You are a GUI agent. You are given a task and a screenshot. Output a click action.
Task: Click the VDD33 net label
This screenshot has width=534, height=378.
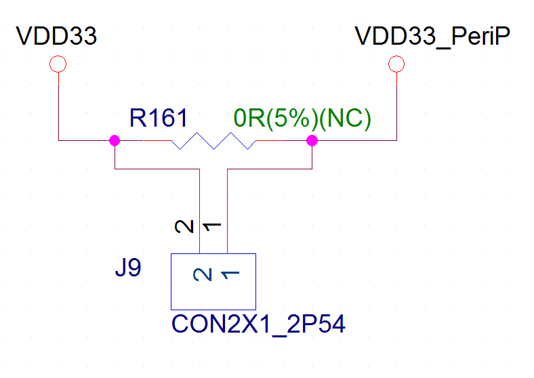click(57, 36)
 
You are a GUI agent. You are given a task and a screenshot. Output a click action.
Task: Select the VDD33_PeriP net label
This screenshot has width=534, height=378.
click(432, 36)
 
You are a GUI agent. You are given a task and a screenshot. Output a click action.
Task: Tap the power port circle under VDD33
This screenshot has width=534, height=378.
click(58, 64)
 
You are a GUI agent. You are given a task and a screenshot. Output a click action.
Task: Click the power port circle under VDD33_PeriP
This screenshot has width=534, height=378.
click(396, 64)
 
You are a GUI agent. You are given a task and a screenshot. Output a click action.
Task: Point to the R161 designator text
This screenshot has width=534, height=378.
click(158, 119)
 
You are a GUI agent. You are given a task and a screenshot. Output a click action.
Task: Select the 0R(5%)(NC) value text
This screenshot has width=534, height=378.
click(302, 119)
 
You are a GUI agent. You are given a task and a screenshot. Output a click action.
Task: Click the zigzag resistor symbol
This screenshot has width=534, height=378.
click(213, 141)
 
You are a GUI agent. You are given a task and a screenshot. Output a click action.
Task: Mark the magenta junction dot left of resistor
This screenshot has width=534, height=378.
click(114, 141)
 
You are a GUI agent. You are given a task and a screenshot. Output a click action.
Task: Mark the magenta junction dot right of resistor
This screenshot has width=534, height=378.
click(312, 141)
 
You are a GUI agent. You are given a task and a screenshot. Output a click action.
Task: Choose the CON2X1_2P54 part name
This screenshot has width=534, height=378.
click(259, 324)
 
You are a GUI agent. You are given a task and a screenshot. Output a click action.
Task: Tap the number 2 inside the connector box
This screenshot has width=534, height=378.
click(201, 274)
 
